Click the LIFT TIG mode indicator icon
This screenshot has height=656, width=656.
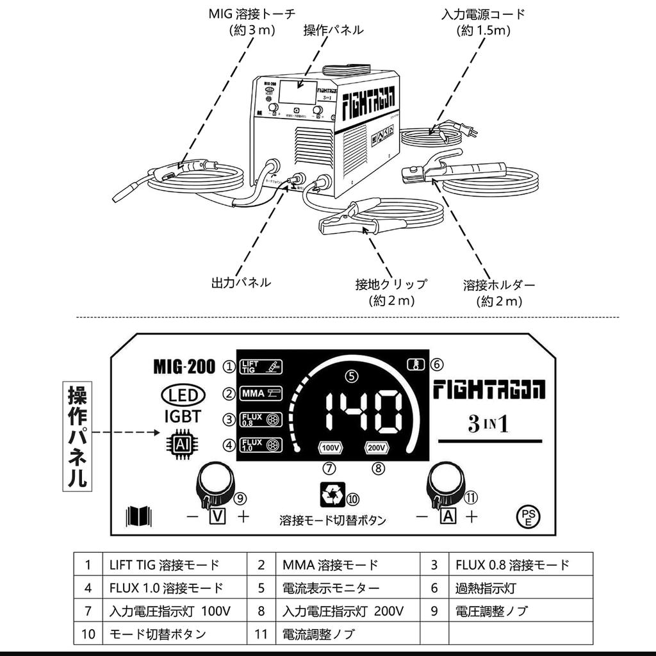pos(261,367)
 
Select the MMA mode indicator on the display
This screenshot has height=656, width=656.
pos(261,393)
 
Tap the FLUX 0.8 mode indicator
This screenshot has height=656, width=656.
pos(261,420)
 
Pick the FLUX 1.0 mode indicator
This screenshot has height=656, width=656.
pos(261,445)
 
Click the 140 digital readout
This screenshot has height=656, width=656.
pos(363,413)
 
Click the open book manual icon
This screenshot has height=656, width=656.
pos(139,516)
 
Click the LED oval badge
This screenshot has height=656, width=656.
pos(183,394)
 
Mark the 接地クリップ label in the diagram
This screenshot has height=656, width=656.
pos(391,284)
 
